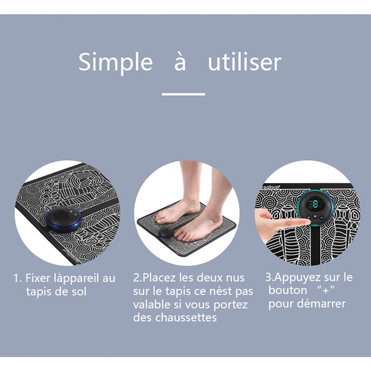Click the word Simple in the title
[116, 62]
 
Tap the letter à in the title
[180, 63]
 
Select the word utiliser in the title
[244, 62]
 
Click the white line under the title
[183, 94]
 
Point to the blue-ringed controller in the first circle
[63, 219]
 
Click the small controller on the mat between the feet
[166, 232]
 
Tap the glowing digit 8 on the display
[315, 205]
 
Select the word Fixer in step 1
[37, 278]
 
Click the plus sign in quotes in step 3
[326, 291]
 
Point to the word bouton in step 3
[287, 290]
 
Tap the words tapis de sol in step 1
[56, 292]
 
